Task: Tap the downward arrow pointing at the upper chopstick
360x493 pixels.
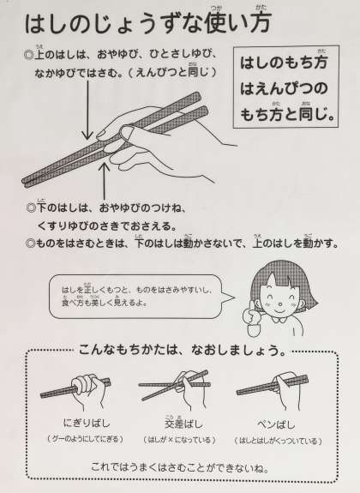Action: [87, 110]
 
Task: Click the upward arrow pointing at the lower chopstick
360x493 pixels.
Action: [104, 180]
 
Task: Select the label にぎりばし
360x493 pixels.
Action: [87, 424]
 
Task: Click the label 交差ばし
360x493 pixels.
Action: [183, 424]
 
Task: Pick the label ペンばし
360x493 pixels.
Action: [276, 424]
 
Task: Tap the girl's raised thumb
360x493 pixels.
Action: [251, 309]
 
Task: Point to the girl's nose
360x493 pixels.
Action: [279, 304]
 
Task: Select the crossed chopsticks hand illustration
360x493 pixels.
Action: [175, 388]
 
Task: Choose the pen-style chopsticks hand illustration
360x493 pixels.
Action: [273, 390]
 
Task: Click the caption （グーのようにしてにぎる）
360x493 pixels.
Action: [85, 439]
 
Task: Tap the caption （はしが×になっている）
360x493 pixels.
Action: [179, 440]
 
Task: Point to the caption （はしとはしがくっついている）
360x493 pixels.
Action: [278, 441]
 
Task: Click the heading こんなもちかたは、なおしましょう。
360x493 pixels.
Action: [183, 350]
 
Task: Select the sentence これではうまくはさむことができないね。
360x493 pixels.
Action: [180, 467]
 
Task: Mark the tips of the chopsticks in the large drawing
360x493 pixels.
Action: [26, 182]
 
